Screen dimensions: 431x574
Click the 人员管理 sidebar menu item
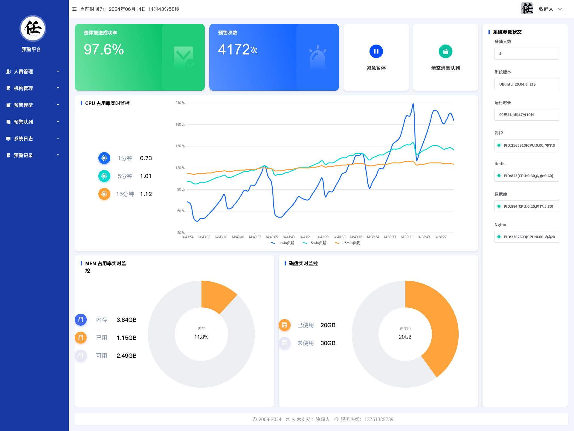pos(23,72)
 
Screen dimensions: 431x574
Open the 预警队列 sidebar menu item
pos(23,122)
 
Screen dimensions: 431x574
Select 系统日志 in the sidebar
pos(23,139)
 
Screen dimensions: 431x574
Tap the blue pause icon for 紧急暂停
pos(376,51)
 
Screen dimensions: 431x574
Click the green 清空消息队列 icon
pos(445,51)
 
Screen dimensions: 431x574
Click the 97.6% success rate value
pos(104,50)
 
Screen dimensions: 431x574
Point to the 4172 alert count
pos(234,50)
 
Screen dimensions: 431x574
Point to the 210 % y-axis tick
pos(180,103)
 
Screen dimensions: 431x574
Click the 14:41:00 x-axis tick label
pos(322,237)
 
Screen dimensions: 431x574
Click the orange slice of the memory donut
pos(217,295)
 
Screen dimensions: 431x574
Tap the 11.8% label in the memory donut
pos(201,337)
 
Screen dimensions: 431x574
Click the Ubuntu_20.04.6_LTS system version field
pos(527,84)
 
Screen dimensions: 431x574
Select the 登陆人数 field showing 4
pos(527,54)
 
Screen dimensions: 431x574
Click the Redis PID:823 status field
pos(527,176)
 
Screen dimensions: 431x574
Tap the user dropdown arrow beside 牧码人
pos(560,9)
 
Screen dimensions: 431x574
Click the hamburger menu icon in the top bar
pos(74,9)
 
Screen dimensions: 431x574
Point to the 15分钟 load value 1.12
pos(146,194)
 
